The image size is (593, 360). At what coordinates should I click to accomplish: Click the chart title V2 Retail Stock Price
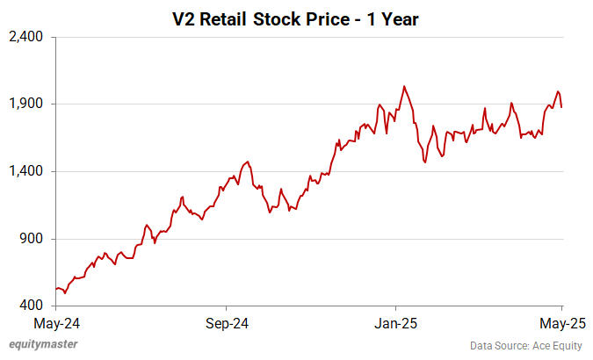[295, 18]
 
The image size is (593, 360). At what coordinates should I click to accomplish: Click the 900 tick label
[34, 239]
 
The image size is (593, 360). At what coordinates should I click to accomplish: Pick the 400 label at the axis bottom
[34, 306]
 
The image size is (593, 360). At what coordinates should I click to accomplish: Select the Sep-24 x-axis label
[226, 323]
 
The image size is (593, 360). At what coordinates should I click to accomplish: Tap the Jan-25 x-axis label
[395, 323]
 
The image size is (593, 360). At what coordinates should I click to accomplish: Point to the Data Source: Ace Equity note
[526, 346]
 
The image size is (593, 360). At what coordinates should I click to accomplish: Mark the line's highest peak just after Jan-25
[403, 86]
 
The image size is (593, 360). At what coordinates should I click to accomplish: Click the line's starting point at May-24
[56, 289]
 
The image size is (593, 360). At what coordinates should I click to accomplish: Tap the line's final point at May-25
[562, 107]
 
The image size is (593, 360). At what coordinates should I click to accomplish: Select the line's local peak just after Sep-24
[249, 162]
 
